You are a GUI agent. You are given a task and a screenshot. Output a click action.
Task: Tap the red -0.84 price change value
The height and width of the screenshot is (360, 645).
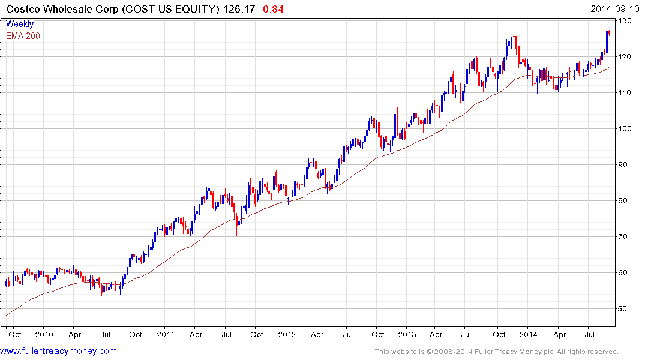[x=272, y=9]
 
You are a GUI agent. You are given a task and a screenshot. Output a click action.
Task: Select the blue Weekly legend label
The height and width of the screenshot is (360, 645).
[x=20, y=24]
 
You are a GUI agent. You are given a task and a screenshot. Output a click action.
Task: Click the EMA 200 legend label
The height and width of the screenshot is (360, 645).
[x=23, y=35]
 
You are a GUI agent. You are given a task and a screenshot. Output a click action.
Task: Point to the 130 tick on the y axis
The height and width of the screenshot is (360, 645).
[x=626, y=21]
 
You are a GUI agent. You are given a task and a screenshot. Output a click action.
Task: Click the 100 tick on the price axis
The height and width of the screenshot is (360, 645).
[x=626, y=129]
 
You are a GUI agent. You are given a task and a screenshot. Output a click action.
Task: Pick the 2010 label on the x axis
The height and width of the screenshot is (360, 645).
[x=44, y=334]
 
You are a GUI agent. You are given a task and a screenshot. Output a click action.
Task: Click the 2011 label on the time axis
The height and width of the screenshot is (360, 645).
[x=165, y=334]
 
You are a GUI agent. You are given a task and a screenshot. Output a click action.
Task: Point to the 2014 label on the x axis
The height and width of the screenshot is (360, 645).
[x=528, y=334]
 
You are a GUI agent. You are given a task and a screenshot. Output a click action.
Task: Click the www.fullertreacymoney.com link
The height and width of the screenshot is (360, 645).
[x=59, y=351]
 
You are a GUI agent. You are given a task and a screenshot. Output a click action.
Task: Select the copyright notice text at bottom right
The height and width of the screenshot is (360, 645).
[x=496, y=352]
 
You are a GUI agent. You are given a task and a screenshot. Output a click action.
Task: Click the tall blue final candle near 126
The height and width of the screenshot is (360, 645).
[x=607, y=42]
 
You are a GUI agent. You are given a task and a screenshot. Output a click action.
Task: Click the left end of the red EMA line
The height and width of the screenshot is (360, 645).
[x=7, y=314]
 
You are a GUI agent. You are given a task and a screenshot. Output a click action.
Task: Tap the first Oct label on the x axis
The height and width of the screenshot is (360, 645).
[x=15, y=334]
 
